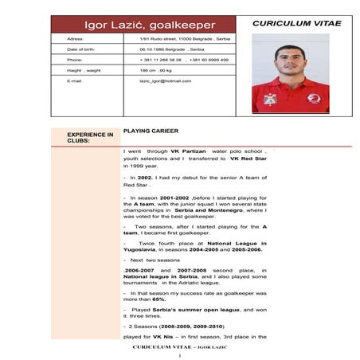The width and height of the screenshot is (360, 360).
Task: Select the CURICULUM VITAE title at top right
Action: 297,24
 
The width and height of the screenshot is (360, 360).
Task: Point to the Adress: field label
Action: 76,38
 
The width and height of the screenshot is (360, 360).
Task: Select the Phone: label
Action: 75,60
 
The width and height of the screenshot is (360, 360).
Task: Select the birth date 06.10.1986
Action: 154,49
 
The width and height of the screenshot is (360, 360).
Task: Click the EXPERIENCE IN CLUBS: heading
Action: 90,138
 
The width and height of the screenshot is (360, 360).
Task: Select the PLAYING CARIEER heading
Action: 151,131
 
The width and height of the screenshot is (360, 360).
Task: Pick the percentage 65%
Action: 159,299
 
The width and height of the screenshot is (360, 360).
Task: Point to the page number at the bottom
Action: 182,355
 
